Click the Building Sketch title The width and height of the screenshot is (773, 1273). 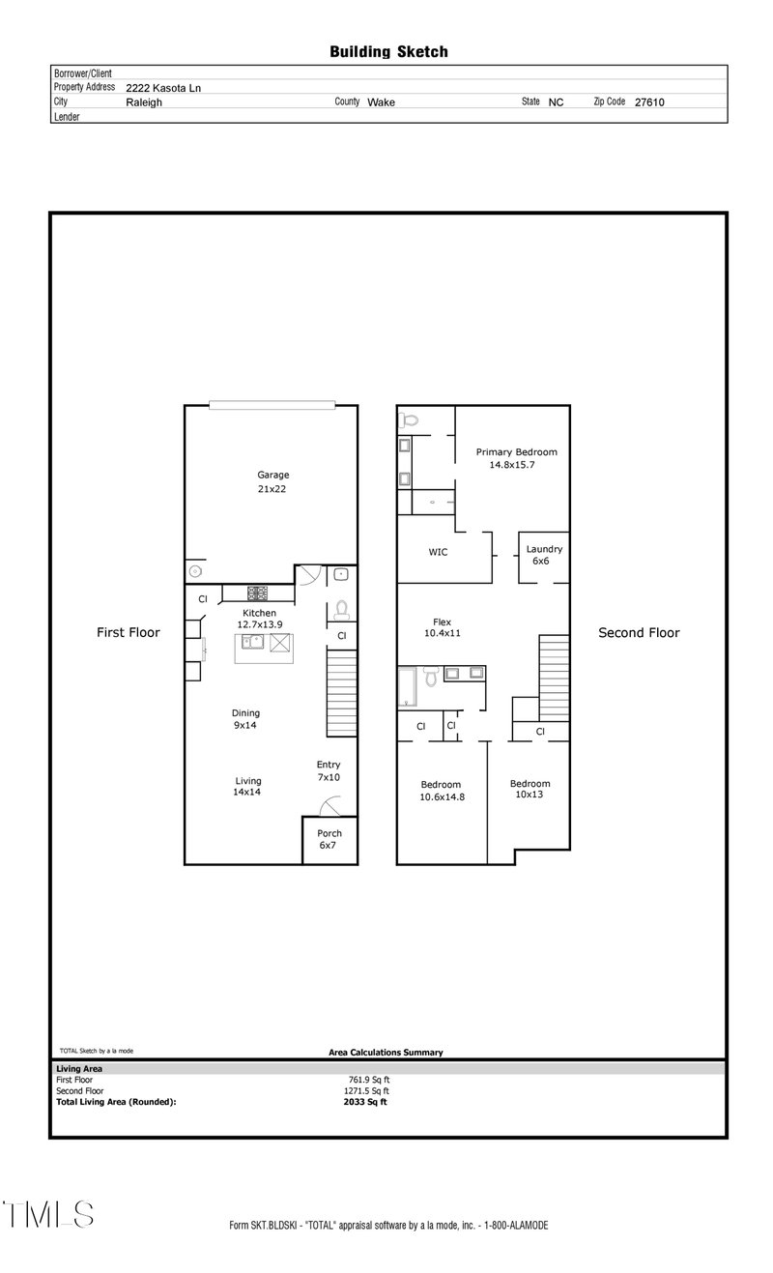click(x=388, y=52)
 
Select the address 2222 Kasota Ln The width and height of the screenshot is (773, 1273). click(x=163, y=87)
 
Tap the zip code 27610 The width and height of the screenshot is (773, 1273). click(x=648, y=101)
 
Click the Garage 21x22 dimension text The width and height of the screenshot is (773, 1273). click(x=272, y=489)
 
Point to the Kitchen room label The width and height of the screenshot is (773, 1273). click(x=259, y=613)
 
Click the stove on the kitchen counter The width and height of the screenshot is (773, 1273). click(x=258, y=593)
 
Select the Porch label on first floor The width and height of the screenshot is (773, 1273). click(x=329, y=833)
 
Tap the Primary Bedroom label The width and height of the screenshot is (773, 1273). click(x=516, y=451)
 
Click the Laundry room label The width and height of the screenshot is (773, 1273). click(x=544, y=549)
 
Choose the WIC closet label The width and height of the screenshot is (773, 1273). click(x=439, y=552)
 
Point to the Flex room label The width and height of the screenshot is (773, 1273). click(x=442, y=622)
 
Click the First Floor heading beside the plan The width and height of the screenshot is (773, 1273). click(x=128, y=633)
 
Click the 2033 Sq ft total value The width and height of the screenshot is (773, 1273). click(x=364, y=1101)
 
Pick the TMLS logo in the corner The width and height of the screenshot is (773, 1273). click(x=48, y=1214)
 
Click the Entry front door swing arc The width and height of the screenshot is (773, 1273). click(x=329, y=805)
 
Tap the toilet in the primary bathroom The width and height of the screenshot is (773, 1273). click(x=409, y=420)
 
